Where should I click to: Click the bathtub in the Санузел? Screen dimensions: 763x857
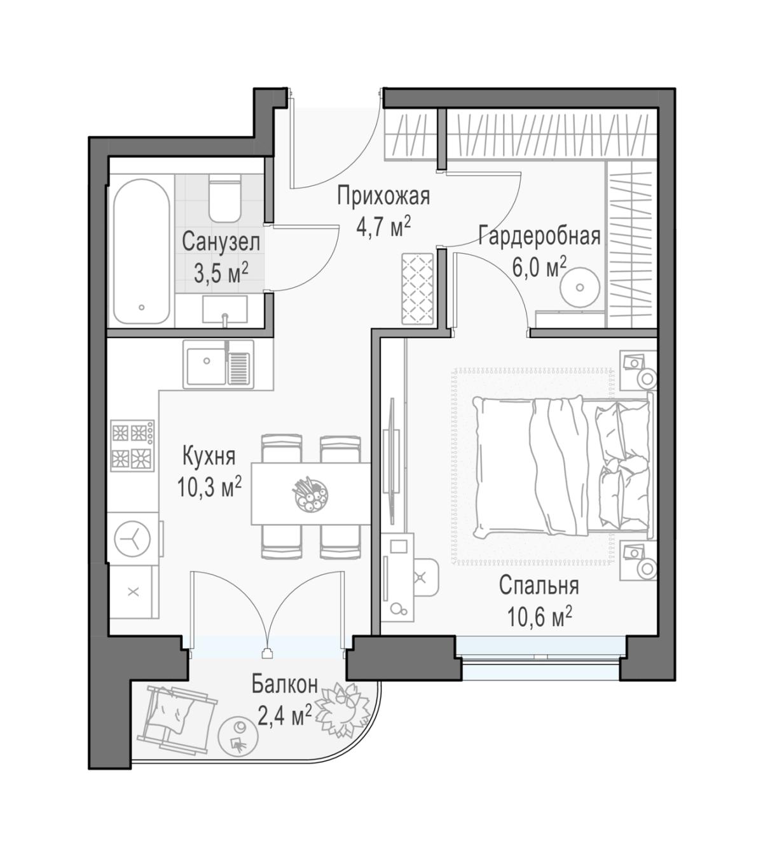(x=141, y=251)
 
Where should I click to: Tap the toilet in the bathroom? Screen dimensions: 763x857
(x=224, y=199)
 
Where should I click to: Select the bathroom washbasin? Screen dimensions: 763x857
(x=224, y=310)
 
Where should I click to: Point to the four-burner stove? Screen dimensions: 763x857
(x=132, y=445)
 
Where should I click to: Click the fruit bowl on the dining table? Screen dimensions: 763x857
(x=310, y=494)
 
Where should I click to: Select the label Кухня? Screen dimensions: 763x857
(x=209, y=457)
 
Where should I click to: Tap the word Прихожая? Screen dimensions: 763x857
(x=383, y=196)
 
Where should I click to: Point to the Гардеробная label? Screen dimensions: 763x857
(x=540, y=236)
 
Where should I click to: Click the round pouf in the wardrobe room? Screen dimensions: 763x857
(x=580, y=287)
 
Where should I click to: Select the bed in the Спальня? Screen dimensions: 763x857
(x=563, y=467)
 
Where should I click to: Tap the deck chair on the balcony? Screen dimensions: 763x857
(x=177, y=716)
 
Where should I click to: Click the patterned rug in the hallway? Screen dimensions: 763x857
(x=417, y=289)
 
